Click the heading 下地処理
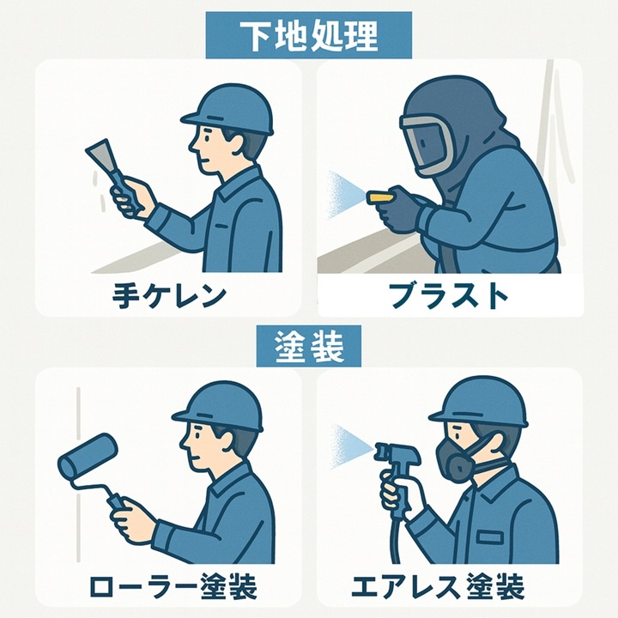coord(309,36)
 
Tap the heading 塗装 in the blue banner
coord(309,347)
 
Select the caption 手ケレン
coord(169,296)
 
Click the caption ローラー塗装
coord(173,586)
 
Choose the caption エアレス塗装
coord(438,586)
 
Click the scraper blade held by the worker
coord(100,155)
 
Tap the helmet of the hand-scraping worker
coord(228,109)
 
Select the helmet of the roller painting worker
coord(219,407)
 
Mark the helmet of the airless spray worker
coord(479,401)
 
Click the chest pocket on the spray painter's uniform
coord(490,536)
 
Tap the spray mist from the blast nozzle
coord(342,194)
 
